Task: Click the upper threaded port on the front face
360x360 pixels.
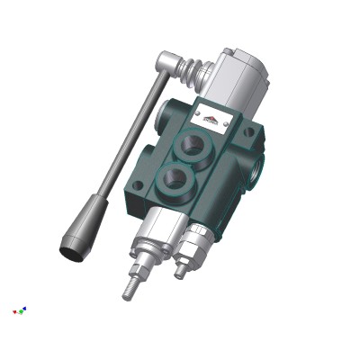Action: pos(195,145)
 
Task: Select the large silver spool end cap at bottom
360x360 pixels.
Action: pos(155,230)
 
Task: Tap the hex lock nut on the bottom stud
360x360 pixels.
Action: pos(138,267)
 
